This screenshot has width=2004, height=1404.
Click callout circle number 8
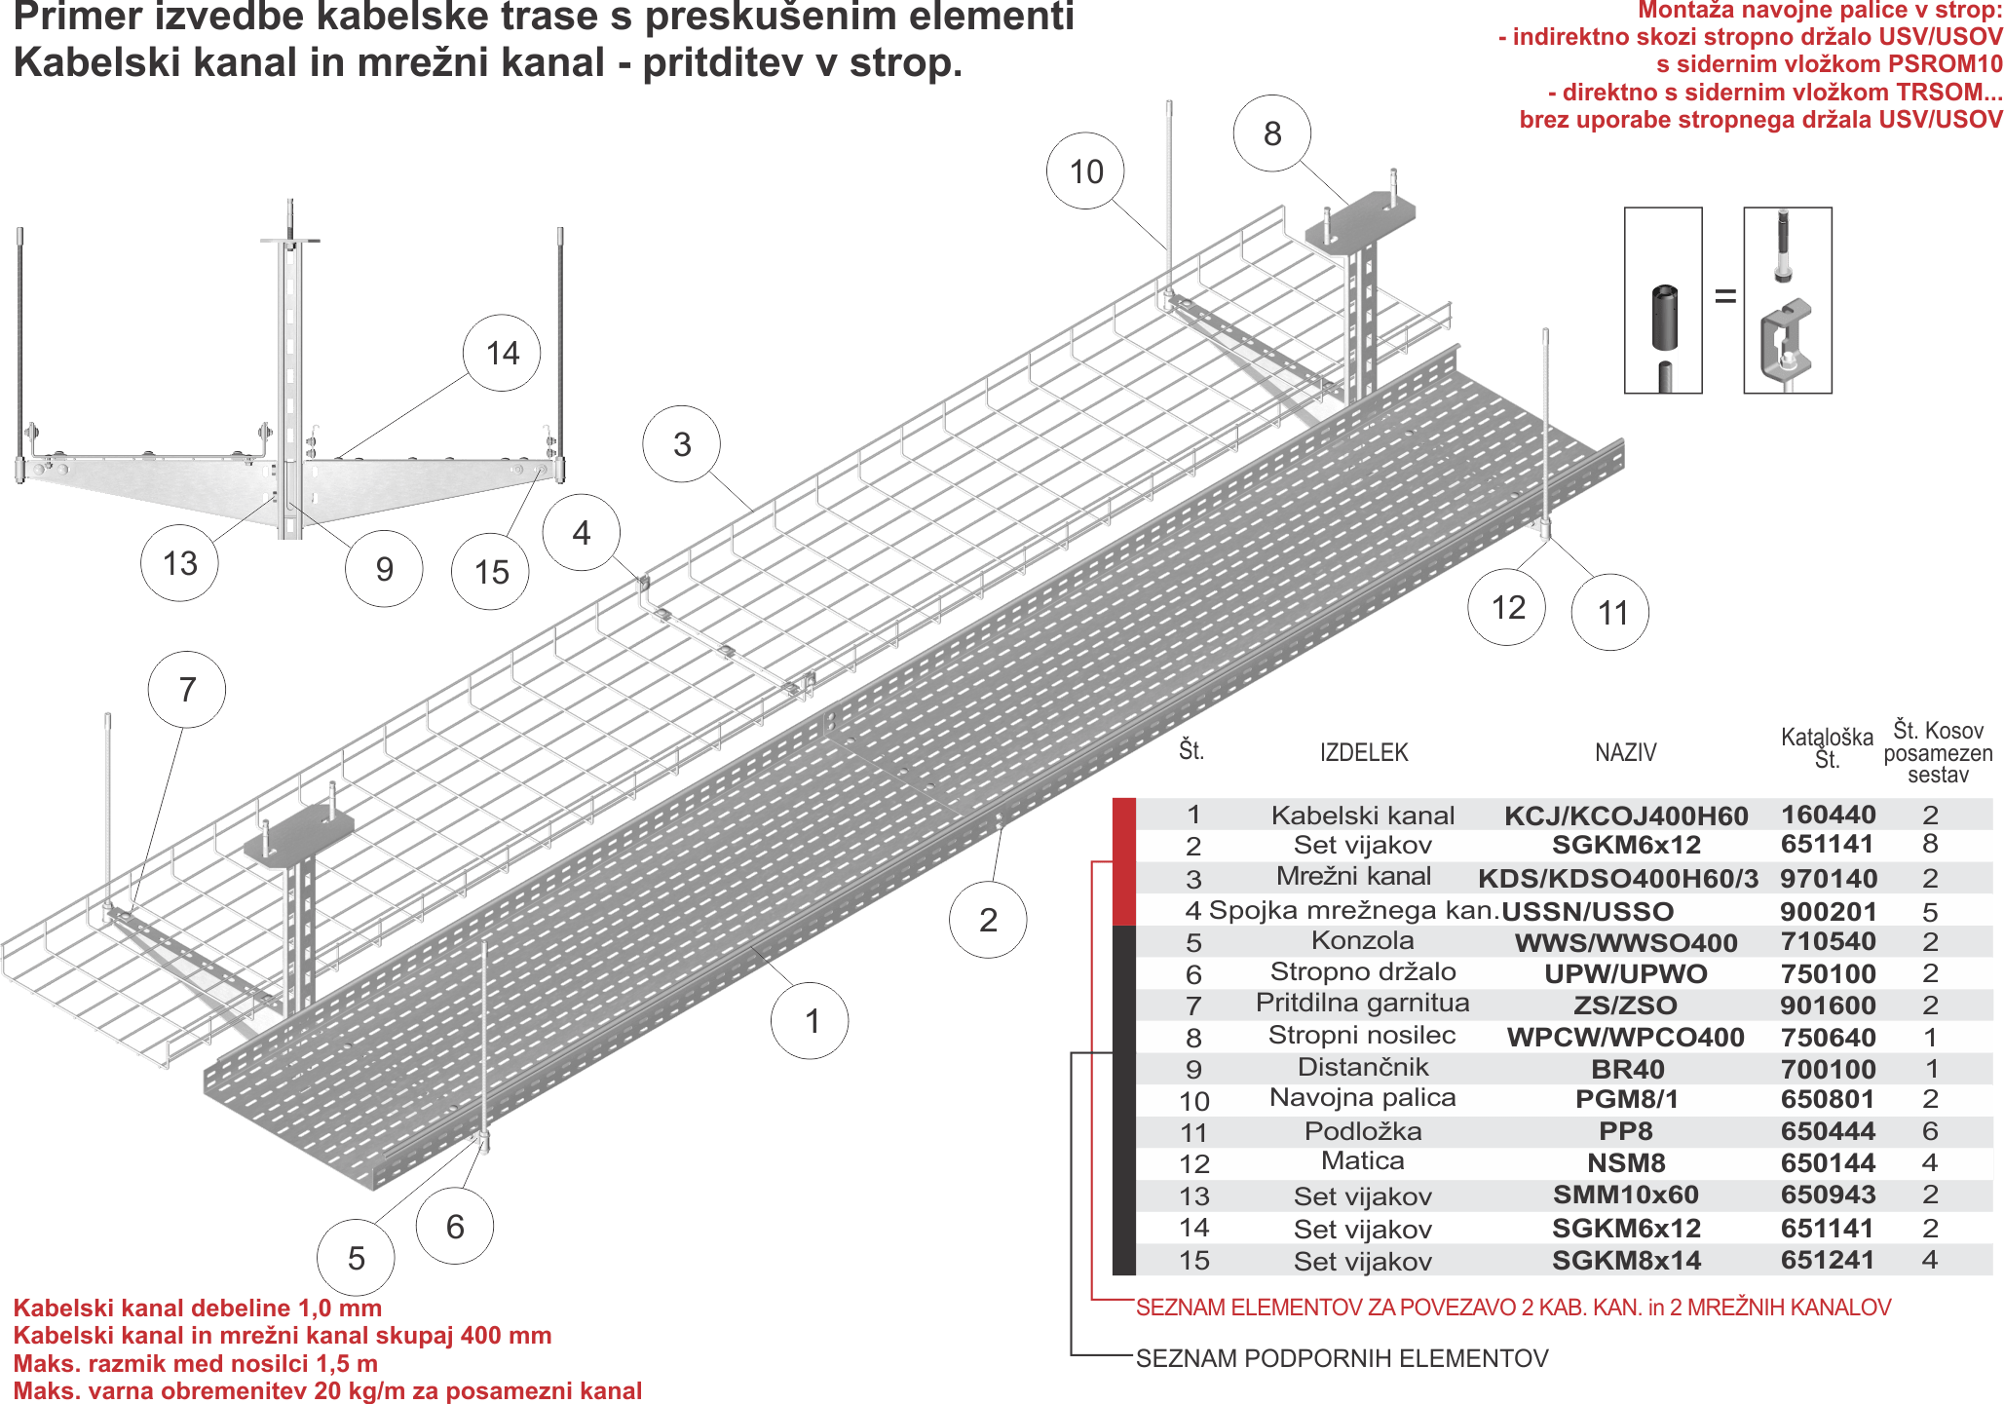click(1271, 134)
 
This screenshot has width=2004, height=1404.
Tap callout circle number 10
click(1086, 172)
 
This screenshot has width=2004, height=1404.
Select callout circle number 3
click(681, 444)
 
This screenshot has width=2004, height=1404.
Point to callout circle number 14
click(502, 353)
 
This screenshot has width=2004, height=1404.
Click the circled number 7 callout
click(186, 690)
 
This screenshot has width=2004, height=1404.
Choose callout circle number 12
click(1507, 608)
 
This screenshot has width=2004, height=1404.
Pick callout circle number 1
click(810, 1021)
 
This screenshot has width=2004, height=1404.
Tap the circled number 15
click(492, 572)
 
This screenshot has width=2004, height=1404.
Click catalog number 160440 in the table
click(1828, 815)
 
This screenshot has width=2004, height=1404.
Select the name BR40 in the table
click(1627, 1069)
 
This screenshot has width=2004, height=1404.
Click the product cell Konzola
click(1362, 940)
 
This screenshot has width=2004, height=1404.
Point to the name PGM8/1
click(1627, 1099)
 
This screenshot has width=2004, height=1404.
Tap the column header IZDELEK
click(1364, 752)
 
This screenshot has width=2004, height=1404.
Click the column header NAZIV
click(1625, 752)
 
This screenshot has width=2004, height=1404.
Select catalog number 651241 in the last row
click(1828, 1259)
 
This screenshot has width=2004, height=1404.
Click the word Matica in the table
click(1362, 1160)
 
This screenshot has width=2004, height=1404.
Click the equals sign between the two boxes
click(1723, 296)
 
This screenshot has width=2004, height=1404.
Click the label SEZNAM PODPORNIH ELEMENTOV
click(1342, 1357)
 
